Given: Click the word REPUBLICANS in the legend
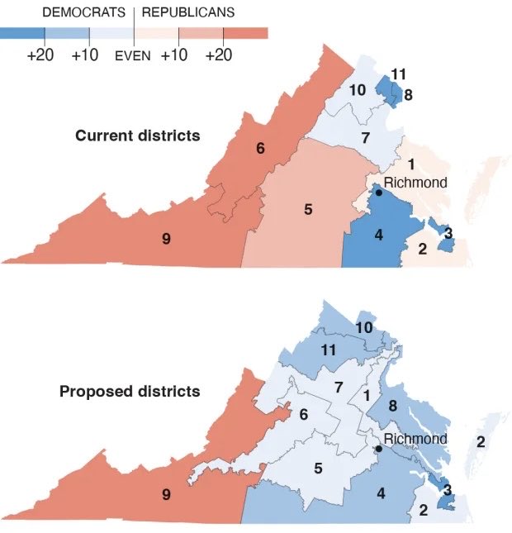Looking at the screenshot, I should pyautogui.click(x=187, y=12).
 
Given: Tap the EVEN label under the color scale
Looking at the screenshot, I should pyautogui.click(x=132, y=56).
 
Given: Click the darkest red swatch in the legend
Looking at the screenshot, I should pyautogui.click(x=245, y=33).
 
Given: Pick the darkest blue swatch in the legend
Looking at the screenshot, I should pyautogui.click(x=21, y=33).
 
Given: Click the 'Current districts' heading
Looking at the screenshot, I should pyautogui.click(x=138, y=135).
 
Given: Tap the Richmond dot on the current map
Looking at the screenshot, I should pyautogui.click(x=378, y=192).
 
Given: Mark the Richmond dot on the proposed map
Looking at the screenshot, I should pyautogui.click(x=378, y=449).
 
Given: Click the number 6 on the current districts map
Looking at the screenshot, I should pyautogui.click(x=260, y=149).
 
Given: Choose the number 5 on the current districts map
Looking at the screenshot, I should pyautogui.click(x=307, y=209).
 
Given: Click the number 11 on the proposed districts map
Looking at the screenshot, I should pyautogui.click(x=328, y=350).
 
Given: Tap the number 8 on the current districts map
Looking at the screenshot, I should pyautogui.click(x=408, y=95).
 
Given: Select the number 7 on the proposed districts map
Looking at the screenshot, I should pyautogui.click(x=338, y=387).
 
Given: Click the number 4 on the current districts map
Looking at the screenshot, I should pyautogui.click(x=378, y=235).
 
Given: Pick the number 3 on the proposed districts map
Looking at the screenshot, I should pyautogui.click(x=448, y=490).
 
